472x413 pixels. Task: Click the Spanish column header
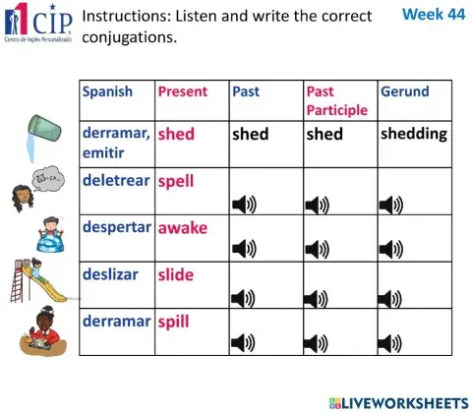(107, 91)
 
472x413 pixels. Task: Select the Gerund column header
(404, 91)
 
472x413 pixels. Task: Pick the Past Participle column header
(335, 100)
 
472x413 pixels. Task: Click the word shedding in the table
(413, 134)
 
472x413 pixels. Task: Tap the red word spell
(176, 182)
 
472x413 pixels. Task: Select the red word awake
(183, 227)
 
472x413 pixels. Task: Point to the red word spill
(173, 321)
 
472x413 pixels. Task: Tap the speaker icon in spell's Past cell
(243, 205)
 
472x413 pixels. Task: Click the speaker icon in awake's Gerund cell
(391, 251)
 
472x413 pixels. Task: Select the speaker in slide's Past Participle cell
(318, 297)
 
